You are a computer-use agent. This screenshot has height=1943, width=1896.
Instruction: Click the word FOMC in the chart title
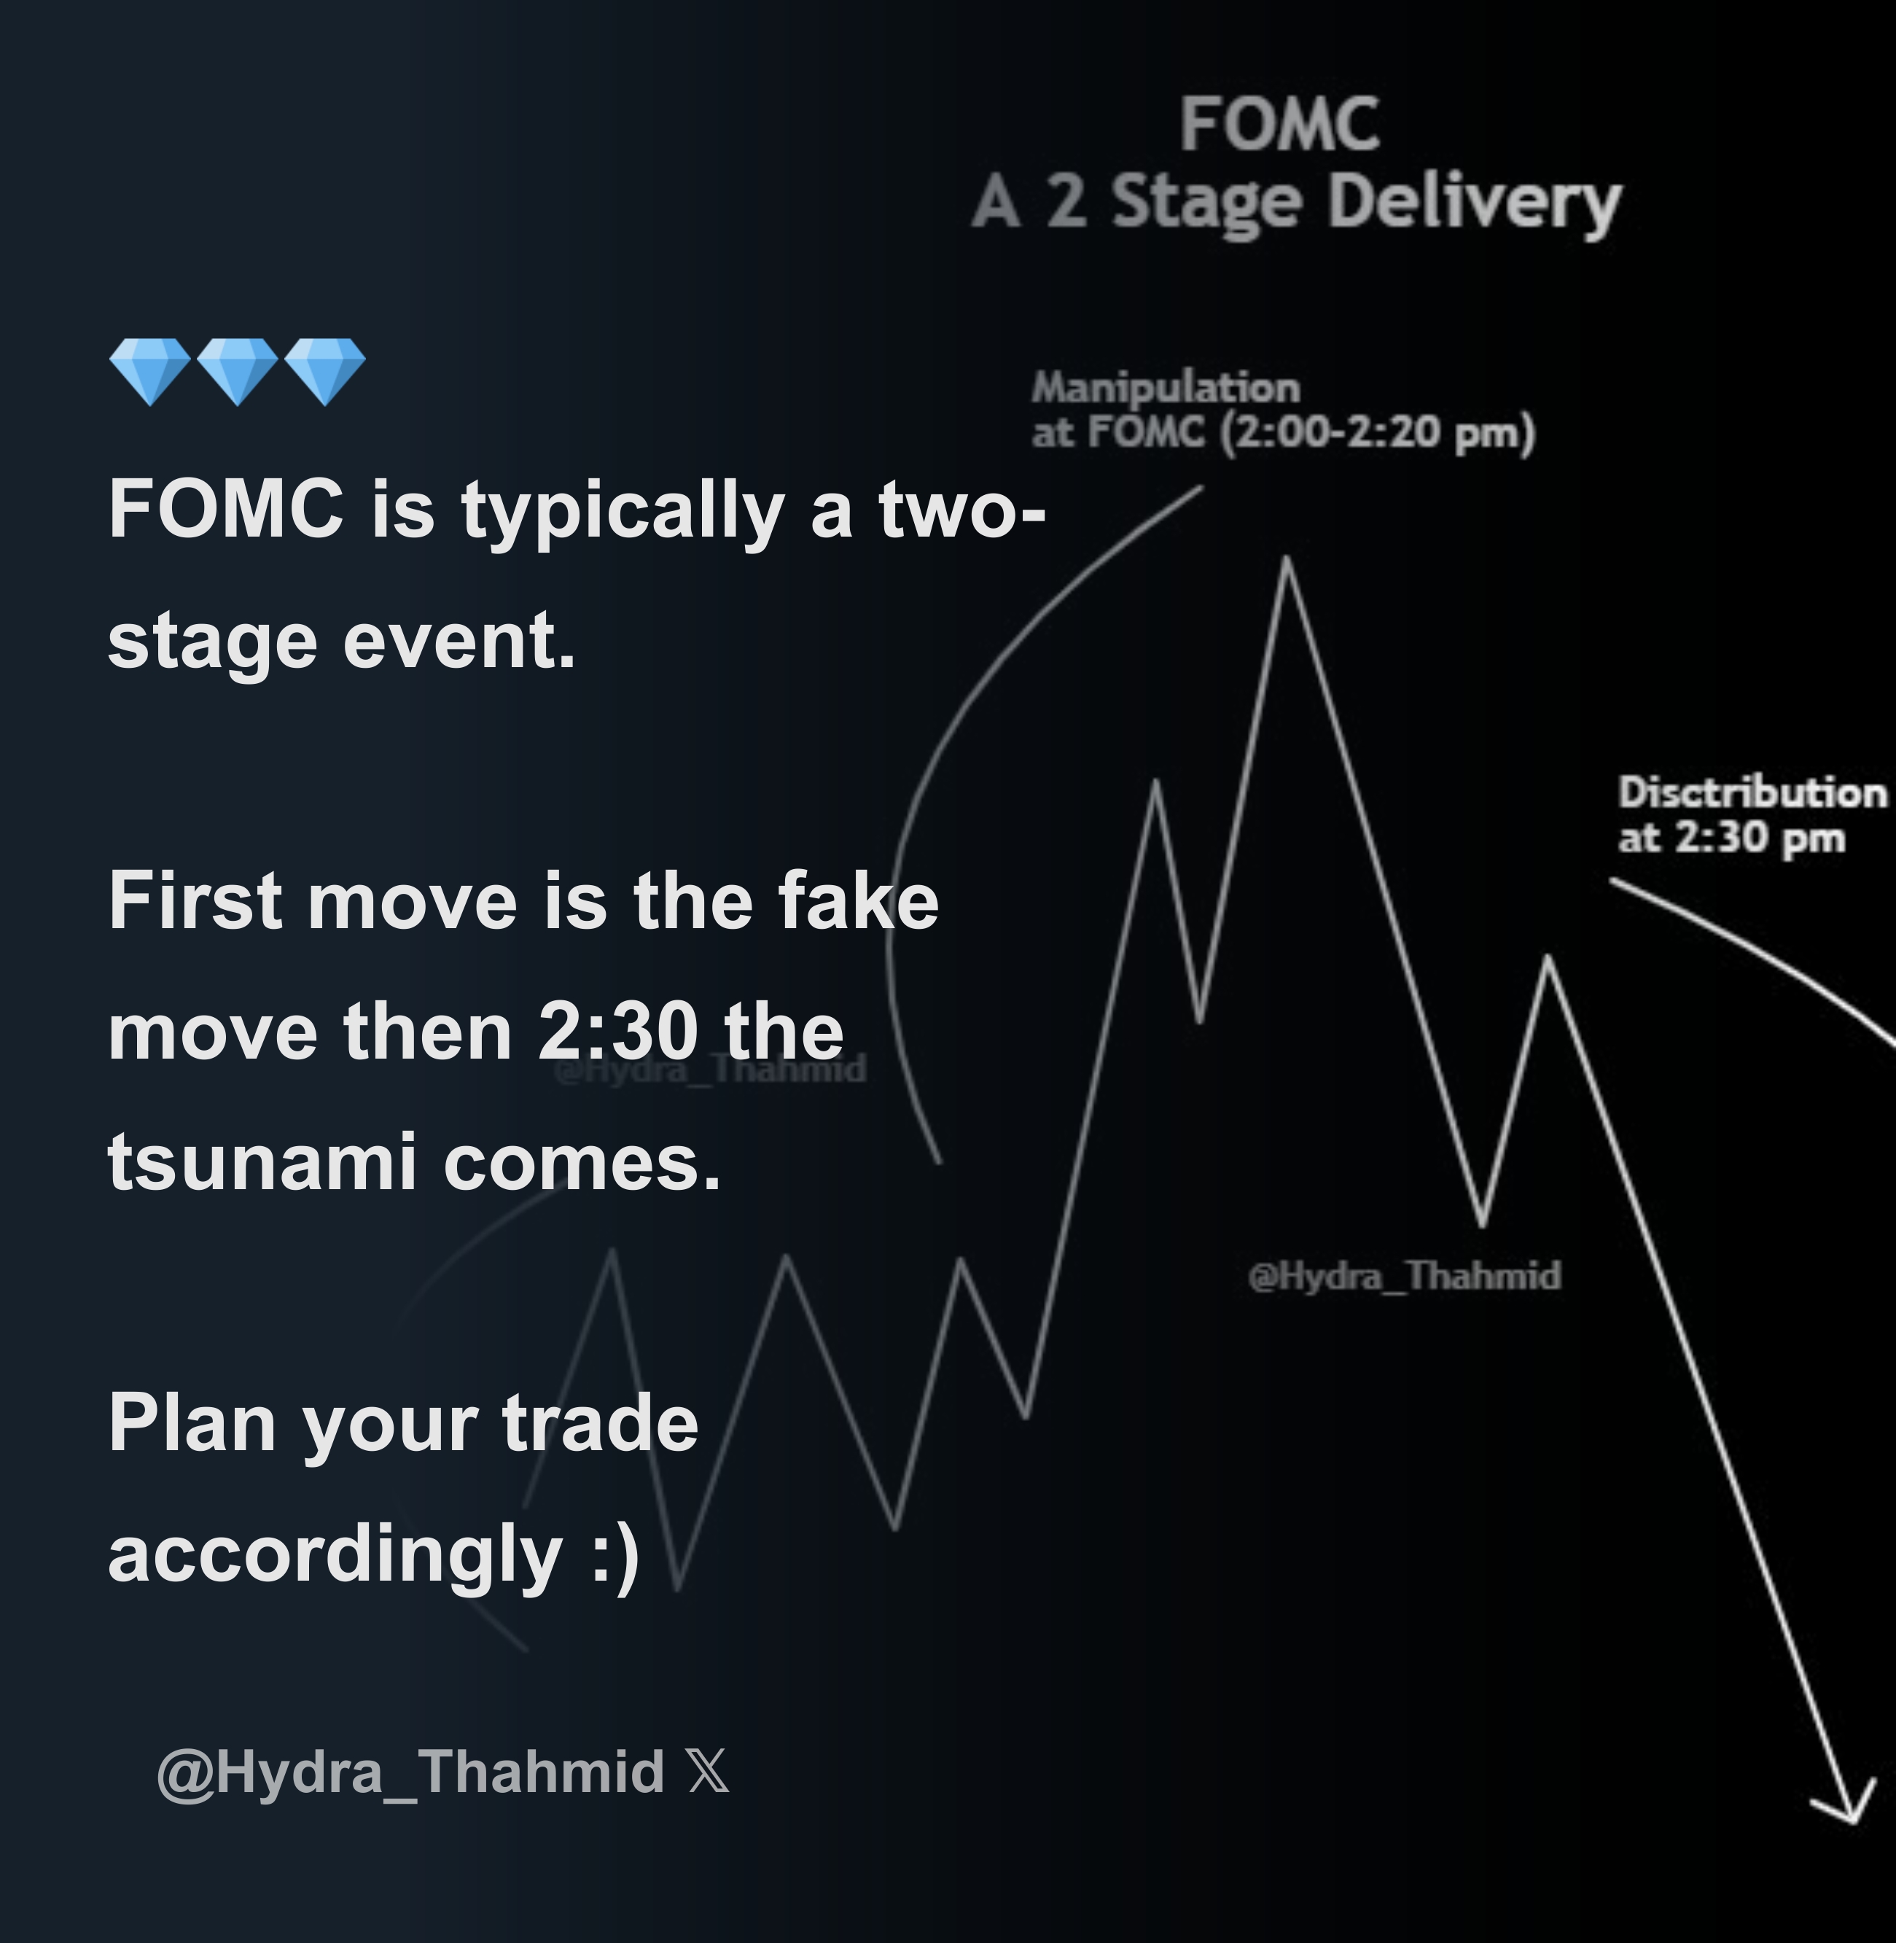pyautogui.click(x=1279, y=125)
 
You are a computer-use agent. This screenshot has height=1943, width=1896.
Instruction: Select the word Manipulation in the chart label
pyautogui.click(x=1165, y=387)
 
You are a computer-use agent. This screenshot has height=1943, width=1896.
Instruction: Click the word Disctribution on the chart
pyautogui.click(x=1752, y=793)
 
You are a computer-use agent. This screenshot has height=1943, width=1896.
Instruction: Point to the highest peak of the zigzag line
pyautogui.click(x=1287, y=561)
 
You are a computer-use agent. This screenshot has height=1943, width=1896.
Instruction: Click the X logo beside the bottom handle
pyautogui.click(x=708, y=1772)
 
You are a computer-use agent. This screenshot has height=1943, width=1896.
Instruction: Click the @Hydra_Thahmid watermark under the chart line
pyautogui.click(x=1404, y=1276)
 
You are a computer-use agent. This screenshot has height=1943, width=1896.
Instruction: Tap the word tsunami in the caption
pyautogui.click(x=262, y=1161)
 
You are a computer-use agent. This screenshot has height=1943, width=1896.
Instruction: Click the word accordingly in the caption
pyautogui.click(x=335, y=1554)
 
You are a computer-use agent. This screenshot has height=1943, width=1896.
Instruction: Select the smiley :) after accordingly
pyautogui.click(x=615, y=1554)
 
